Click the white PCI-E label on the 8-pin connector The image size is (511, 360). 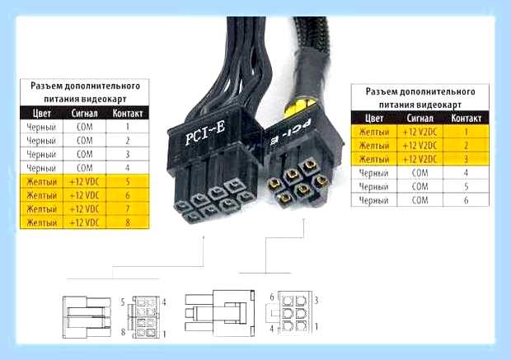click(205, 133)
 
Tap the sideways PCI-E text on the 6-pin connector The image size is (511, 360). click(291, 132)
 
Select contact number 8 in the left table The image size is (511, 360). click(128, 222)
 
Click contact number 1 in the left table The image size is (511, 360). click(128, 126)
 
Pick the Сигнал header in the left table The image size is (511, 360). click(84, 113)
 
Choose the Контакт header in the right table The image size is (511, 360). click(466, 118)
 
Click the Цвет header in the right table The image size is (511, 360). click(374, 118)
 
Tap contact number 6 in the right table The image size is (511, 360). click(466, 199)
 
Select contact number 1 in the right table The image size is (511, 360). click(466, 132)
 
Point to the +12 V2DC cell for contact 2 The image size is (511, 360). click(420, 146)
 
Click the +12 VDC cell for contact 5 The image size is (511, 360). click(84, 181)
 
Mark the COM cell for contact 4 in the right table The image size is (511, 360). click(420, 173)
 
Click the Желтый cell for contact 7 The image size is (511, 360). click(42, 208)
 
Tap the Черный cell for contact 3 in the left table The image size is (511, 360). click(41, 154)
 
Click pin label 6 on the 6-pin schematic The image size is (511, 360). click(272, 297)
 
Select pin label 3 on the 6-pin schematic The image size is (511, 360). click(316, 300)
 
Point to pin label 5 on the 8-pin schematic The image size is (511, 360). click(123, 302)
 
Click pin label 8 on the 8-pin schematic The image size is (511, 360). click(123, 332)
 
